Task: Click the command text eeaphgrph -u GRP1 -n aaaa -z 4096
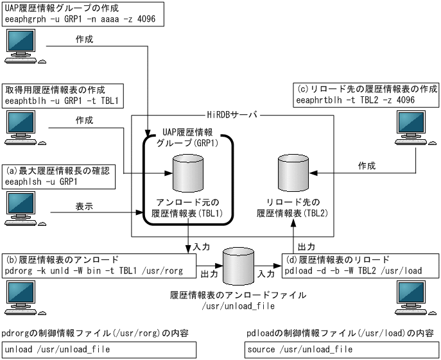pyautogui.click(x=83, y=19)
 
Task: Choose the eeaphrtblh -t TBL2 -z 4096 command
pyautogui.click(x=357, y=101)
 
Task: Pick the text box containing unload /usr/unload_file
pyautogui.click(x=98, y=350)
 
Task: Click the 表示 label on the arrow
pyautogui.click(x=84, y=208)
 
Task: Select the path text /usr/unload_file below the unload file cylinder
pyautogui.click(x=239, y=307)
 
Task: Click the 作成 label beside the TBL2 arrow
pyautogui.click(x=367, y=166)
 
